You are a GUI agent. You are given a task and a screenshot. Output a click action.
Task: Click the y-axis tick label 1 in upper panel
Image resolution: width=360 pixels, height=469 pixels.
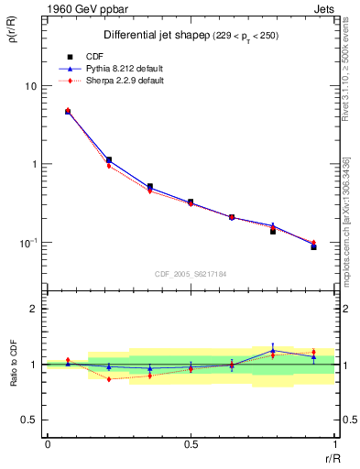click(34, 165)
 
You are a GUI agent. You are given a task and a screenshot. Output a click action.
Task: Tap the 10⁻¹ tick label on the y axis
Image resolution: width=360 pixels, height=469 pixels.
click(28, 243)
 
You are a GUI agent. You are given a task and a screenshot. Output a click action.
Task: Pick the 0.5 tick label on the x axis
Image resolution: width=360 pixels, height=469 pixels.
click(191, 444)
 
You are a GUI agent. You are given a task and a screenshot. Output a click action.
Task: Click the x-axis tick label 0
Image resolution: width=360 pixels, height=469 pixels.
click(48, 444)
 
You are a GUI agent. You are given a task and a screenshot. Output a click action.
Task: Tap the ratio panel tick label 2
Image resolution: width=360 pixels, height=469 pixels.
click(34, 309)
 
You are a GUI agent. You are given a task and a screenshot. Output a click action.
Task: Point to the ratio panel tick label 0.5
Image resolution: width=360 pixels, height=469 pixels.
click(28, 420)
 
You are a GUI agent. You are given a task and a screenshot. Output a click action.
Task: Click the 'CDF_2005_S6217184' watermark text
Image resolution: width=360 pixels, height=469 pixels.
click(191, 273)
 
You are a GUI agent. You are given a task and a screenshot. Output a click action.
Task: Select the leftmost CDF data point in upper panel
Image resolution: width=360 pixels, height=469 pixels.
click(68, 112)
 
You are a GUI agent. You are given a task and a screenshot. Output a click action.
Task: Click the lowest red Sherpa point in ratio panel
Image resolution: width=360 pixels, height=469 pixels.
click(109, 378)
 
